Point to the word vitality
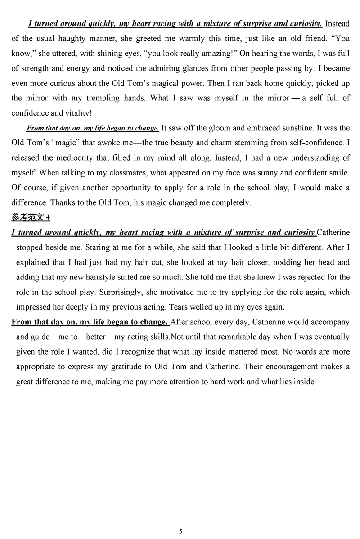point(77,113)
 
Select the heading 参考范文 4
point(31,218)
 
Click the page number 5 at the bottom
point(180,531)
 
